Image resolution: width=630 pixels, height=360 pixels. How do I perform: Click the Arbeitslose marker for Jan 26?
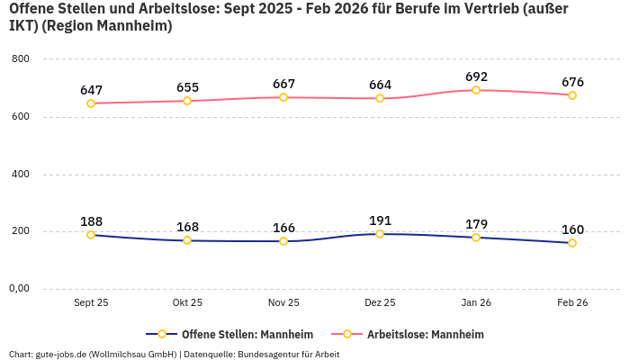(476, 90)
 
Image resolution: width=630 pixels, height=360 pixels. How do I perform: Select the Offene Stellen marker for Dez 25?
(380, 234)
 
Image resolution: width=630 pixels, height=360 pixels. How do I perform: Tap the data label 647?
(91, 90)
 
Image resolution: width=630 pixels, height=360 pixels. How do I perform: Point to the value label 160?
(572, 229)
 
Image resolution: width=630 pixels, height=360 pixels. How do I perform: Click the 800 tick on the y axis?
(21, 59)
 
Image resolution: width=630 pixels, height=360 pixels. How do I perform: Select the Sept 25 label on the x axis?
(91, 303)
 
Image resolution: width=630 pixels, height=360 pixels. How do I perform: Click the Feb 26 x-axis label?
(572, 303)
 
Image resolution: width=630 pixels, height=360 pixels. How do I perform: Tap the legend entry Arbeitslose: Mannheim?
(425, 334)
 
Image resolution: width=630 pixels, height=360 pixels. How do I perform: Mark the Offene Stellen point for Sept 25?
(91, 235)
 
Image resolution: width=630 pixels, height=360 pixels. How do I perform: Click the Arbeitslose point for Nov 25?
(283, 97)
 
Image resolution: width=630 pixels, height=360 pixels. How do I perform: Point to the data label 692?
(476, 77)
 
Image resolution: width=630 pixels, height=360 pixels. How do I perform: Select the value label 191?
(380, 220)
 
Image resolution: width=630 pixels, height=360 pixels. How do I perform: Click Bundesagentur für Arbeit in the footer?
(288, 354)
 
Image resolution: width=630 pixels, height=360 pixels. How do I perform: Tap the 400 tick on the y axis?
(21, 174)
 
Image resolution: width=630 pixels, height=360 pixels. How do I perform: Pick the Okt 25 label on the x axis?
(187, 303)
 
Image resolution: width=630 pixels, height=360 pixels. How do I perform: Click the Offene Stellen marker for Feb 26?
(572, 243)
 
